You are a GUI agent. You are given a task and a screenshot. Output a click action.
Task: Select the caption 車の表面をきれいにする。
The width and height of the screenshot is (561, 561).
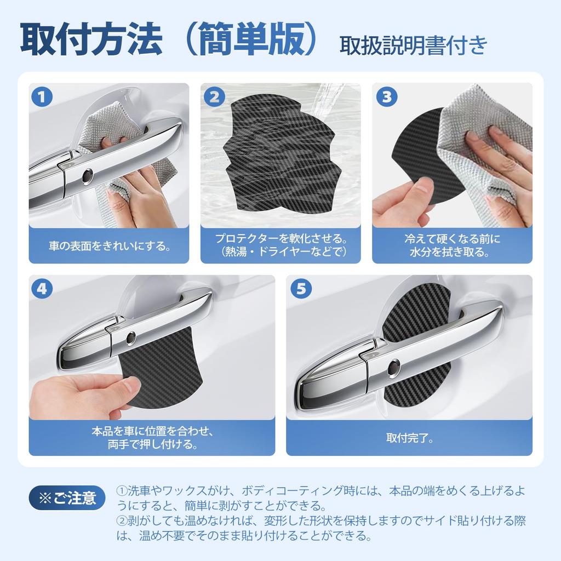click(109, 245)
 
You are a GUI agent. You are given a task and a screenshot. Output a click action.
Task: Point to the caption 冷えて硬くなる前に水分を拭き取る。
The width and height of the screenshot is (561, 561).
click(452, 245)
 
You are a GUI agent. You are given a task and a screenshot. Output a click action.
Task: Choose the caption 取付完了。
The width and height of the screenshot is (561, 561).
click(409, 438)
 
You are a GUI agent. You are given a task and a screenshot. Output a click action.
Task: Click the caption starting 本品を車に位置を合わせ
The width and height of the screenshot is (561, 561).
click(152, 438)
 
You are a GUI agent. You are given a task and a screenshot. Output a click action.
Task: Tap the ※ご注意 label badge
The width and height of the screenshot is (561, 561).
click(67, 498)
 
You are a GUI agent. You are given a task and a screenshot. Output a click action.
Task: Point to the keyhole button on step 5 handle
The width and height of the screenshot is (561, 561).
click(393, 368)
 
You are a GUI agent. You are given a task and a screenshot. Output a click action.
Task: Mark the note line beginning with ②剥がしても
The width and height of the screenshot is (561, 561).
click(323, 520)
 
